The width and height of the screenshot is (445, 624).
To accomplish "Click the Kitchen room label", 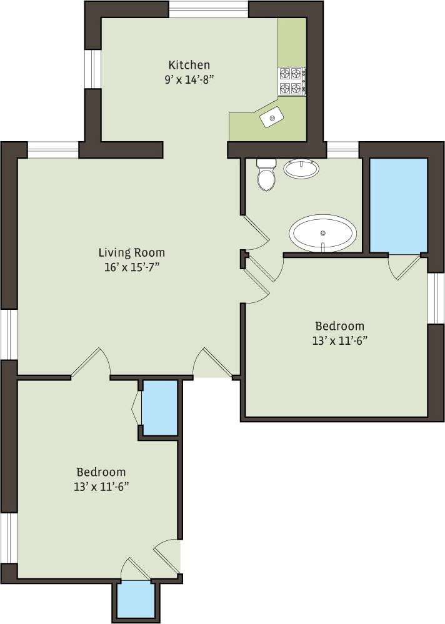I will [189, 65].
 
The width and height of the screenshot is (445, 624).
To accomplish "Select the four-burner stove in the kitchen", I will [291, 81].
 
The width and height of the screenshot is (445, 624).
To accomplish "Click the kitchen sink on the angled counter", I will [272, 117].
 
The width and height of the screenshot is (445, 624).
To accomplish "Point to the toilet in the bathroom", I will [266, 174].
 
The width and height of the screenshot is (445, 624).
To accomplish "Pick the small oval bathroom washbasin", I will [301, 168].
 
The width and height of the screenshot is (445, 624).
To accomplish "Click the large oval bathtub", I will [322, 233].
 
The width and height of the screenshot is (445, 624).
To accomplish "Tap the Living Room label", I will [131, 252].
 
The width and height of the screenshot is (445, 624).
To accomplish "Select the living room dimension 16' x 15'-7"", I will [131, 267].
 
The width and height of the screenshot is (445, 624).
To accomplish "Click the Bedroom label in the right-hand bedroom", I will [339, 326].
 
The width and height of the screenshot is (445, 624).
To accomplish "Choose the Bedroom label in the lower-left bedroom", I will [101, 472].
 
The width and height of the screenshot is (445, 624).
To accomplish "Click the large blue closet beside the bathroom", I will [398, 206].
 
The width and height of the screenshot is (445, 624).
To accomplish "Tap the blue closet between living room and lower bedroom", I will [159, 407].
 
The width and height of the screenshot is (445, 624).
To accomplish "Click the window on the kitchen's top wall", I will [208, 9].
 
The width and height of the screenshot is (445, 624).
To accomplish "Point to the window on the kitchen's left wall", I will [93, 69].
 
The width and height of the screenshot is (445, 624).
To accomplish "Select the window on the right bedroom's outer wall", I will [436, 298].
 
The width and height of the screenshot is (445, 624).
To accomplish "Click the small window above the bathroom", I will [342, 150].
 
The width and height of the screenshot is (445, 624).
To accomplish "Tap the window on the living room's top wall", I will [53, 150].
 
